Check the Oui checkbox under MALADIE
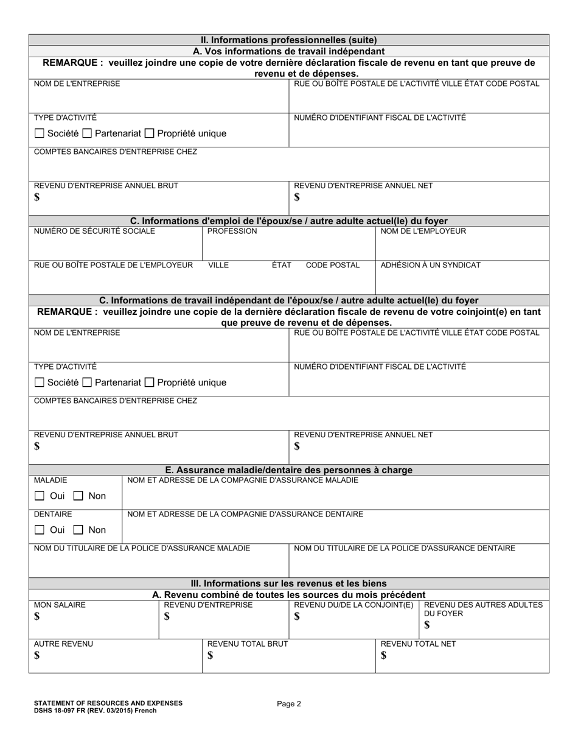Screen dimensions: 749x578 tap(40, 496)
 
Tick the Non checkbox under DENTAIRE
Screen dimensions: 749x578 tap(78, 530)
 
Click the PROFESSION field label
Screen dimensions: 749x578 tap(232, 231)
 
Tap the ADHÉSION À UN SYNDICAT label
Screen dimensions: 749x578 tap(430, 265)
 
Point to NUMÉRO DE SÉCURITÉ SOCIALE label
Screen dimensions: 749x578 tap(94, 231)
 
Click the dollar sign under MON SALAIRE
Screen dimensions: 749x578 tap(37, 617)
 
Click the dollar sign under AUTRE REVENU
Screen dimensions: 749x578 tap(37, 656)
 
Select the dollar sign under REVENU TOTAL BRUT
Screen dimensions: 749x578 tap(211, 656)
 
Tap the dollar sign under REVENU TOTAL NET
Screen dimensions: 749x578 tap(383, 656)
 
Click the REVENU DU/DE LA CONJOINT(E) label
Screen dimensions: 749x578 tap(353, 605)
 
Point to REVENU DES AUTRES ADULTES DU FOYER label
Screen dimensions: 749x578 tap(483, 609)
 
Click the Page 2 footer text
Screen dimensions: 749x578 tap(289, 704)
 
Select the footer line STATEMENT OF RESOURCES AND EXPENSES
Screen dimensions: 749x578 tap(108, 703)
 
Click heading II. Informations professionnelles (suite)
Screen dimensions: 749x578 tap(289, 40)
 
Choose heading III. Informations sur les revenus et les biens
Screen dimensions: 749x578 tap(289, 583)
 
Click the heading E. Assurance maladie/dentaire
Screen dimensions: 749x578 tap(289, 470)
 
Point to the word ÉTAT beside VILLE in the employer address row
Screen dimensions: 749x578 tap(281, 265)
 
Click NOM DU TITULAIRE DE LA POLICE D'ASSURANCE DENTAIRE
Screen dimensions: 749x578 tap(404, 548)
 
